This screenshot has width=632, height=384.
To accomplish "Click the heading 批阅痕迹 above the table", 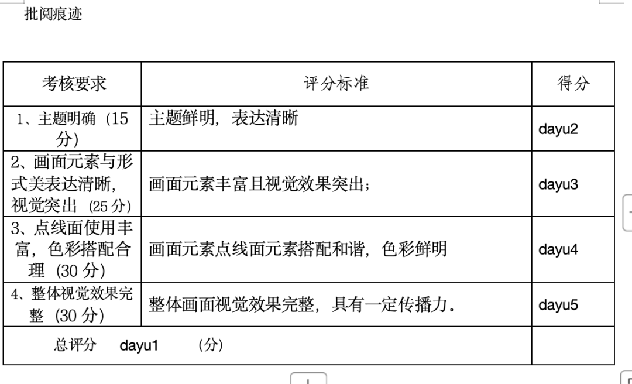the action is pos(53,13).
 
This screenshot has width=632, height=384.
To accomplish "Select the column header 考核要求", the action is pos(74,84).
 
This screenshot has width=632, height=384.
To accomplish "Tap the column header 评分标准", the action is pos(336,84).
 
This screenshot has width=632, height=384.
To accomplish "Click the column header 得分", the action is pos(573,83).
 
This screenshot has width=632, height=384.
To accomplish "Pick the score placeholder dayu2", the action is pos(558,129).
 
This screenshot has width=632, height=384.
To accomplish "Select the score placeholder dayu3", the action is pos(558,184).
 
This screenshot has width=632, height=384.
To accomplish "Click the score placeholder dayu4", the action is pos(558,250).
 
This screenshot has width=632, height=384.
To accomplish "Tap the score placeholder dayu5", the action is pos(558,304).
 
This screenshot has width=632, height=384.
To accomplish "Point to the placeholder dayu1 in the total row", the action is pos(139,345).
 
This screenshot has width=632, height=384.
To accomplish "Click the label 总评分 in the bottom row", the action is pos(75,345).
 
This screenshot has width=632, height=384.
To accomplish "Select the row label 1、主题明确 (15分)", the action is pos(73,129).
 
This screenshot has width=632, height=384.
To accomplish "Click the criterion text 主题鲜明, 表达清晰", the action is pos(224,118).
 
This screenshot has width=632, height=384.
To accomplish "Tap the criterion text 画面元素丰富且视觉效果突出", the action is pos(259,184).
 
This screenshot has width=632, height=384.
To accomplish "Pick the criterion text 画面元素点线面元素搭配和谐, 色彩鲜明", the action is pos(298,248).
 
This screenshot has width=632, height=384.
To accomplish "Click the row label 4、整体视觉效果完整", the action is pos(72,304).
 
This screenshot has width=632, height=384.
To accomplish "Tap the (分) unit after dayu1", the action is pos(211,345).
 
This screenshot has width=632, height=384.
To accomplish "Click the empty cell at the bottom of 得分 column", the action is pos(573,345).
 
